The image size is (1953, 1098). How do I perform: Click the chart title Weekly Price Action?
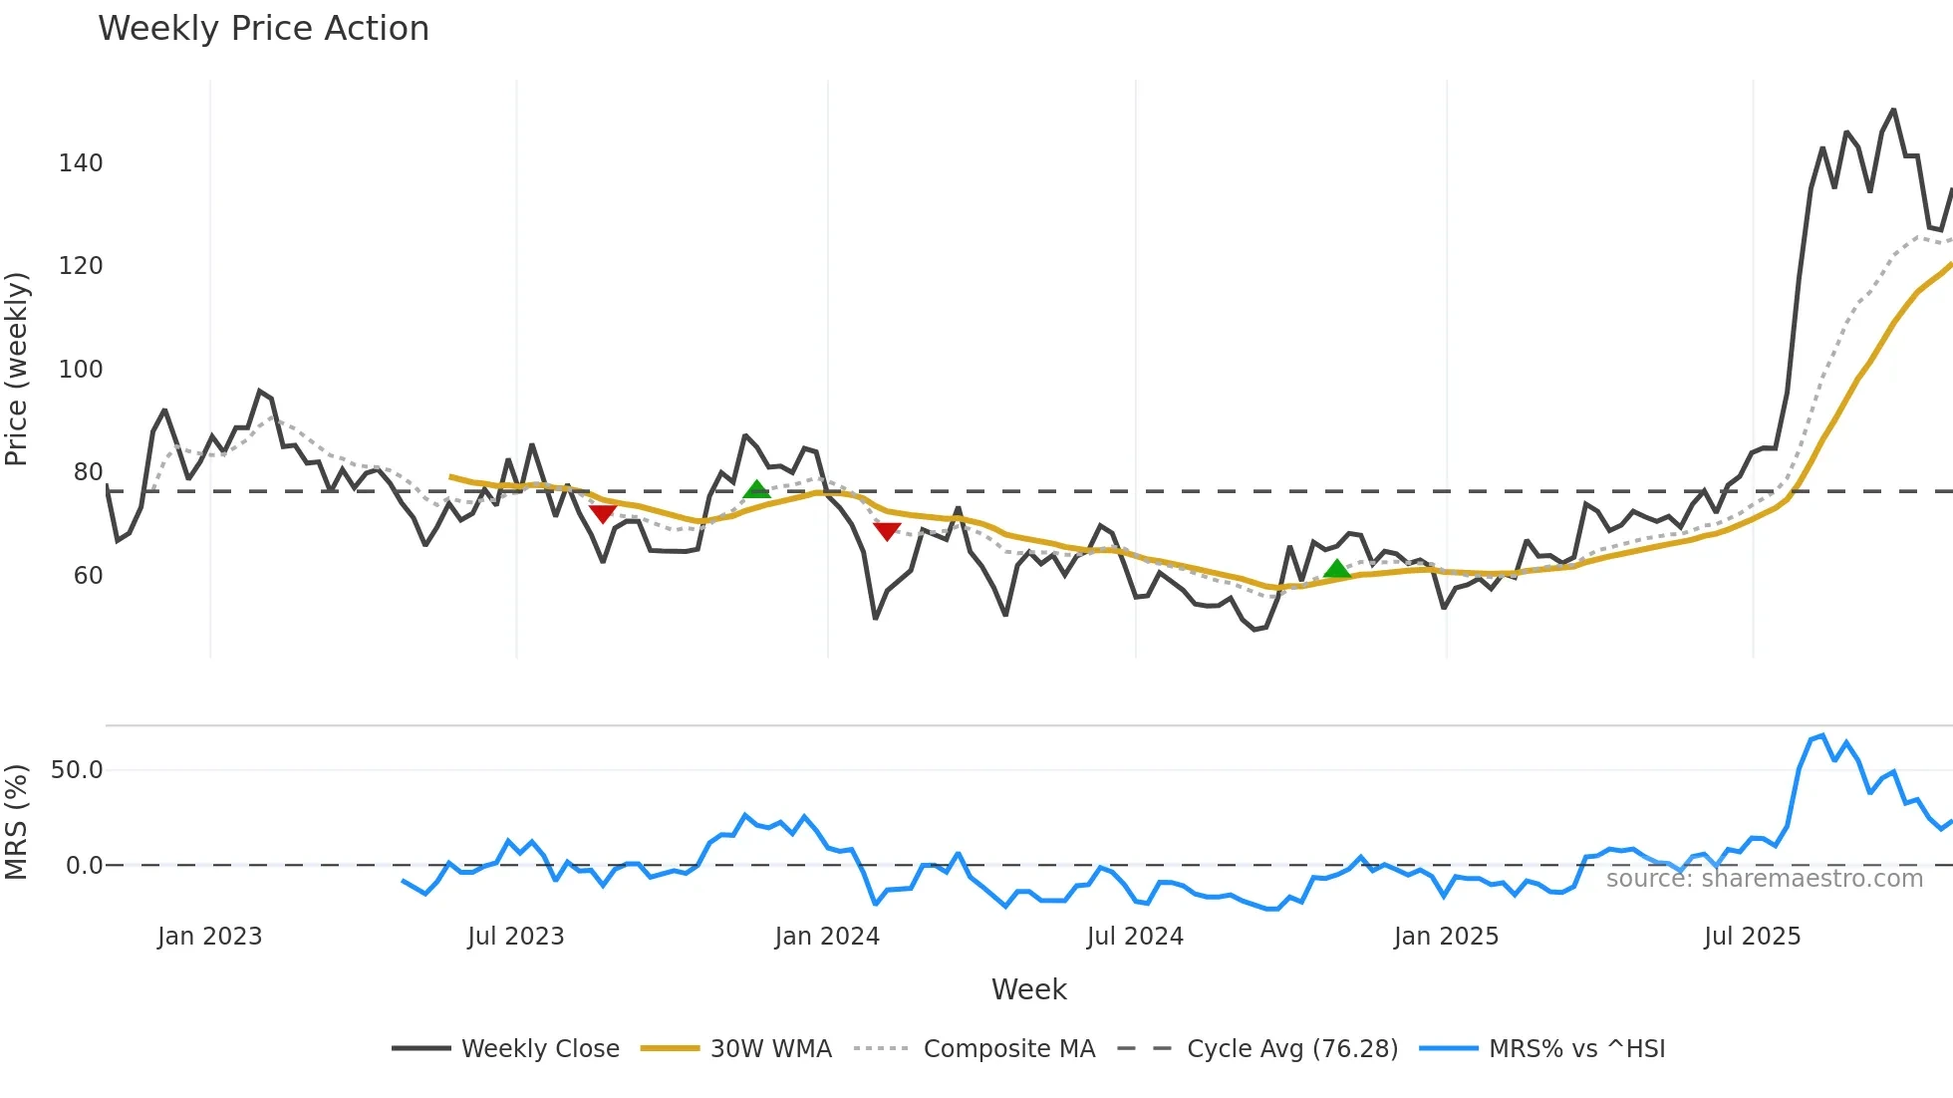pos(263,29)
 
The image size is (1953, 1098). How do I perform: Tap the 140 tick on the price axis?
pos(81,163)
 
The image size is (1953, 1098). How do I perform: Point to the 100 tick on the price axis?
pos(81,370)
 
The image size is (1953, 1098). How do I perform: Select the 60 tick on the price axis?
pos(88,576)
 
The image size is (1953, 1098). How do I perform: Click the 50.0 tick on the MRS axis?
pos(77,770)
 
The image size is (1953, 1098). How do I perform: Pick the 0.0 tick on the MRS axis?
pos(84,866)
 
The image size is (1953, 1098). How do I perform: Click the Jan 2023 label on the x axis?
pos(209,937)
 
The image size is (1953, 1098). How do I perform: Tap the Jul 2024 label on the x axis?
pos(1135,937)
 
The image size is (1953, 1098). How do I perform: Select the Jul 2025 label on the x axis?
pos(1752,937)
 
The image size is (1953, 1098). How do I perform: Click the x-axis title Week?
pos(1028,989)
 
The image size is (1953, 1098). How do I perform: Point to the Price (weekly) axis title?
pos(17,369)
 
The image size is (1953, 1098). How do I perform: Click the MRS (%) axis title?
pos(17,822)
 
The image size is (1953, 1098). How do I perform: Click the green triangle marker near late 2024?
pos(1337,569)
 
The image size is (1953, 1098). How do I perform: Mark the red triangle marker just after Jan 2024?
pos(887,531)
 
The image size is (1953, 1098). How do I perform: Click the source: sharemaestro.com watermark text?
pos(1764,879)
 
